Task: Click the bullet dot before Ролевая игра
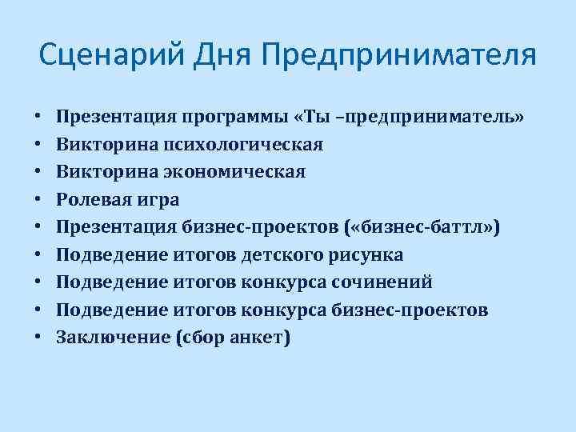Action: pos(38,200)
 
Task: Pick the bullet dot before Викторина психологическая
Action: pos(38,145)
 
